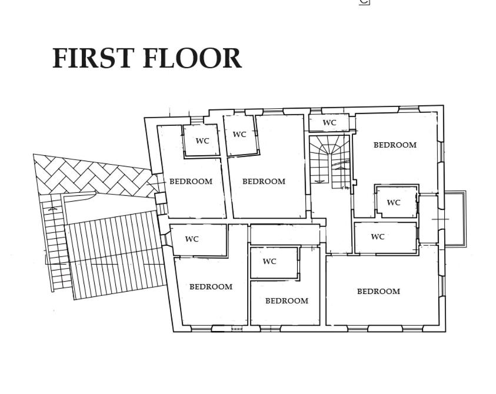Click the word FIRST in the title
91,58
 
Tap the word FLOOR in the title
192,58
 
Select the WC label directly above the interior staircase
329,123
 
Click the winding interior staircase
330,162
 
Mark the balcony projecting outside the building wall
455,219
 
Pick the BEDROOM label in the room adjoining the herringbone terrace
191,182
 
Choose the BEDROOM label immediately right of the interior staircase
395,145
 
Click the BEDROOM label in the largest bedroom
378,292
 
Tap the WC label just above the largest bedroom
377,237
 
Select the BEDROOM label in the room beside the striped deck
211,287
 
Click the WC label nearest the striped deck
192,239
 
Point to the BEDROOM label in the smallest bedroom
287,300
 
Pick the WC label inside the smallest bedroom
269,262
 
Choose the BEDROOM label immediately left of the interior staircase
264,182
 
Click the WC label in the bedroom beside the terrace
202,141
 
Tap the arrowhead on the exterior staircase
53,209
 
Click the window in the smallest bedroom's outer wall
270,329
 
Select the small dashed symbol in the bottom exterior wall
237,329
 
